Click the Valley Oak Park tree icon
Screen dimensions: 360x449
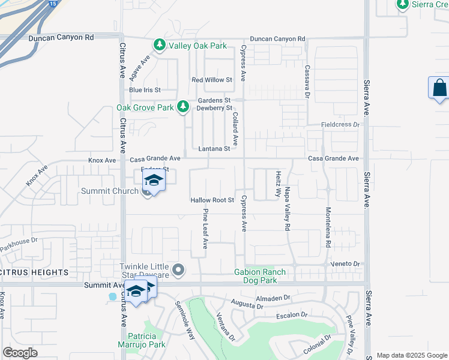[x=160, y=46]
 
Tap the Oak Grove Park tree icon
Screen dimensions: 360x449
[x=184, y=107]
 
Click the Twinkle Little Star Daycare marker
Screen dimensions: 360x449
[x=177, y=270]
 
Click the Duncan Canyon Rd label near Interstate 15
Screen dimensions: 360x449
[x=61, y=37]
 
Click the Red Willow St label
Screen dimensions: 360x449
[x=211, y=80]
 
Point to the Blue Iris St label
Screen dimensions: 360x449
[x=145, y=90]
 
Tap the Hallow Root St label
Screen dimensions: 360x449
[x=211, y=200]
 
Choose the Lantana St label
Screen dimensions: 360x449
[x=214, y=148]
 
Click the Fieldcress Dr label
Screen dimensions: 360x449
[x=340, y=125]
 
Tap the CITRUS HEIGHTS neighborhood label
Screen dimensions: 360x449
[x=35, y=272]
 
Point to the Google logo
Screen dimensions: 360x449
[x=20, y=353]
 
